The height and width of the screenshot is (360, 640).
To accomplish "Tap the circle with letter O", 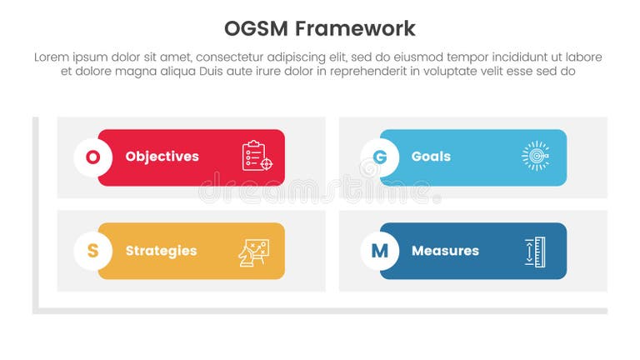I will pos(93,157).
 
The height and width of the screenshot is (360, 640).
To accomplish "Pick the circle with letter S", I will pos(93,251).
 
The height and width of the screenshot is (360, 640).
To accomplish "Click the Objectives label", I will pos(162,157).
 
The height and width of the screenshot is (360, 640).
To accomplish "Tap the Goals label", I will pos(431,157).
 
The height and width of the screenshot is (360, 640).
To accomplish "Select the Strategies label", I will pos(161,251).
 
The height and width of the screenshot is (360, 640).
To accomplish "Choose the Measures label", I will pos(445,251).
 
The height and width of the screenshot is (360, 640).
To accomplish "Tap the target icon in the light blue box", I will pos(535,156).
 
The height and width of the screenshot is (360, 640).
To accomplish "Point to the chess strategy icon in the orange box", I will pos(253,251).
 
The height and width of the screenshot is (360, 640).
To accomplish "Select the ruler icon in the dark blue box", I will pos(535,251).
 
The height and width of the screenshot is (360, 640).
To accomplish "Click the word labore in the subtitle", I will pos(583,57).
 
